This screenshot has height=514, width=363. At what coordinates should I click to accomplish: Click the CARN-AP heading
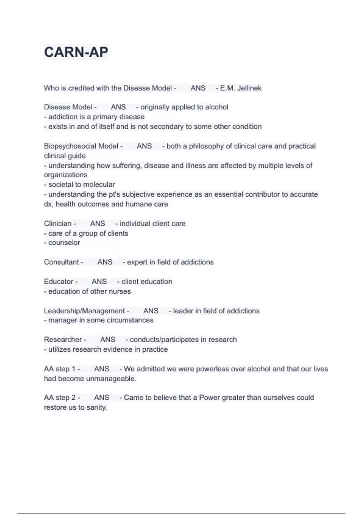76,52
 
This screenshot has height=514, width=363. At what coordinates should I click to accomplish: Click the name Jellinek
249,88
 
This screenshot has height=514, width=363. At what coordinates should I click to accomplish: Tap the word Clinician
58,223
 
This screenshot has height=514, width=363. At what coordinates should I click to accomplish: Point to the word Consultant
61,262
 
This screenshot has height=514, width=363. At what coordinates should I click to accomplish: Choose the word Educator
59,281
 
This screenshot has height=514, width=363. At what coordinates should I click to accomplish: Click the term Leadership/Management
84,311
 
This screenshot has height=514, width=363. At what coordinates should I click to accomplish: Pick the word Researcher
63,340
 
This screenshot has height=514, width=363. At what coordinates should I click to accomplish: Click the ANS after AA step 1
102,369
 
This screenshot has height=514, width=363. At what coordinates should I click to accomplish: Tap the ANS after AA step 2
102,398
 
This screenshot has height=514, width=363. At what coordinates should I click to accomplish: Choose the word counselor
64,242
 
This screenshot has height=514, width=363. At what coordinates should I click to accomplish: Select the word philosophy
206,146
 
